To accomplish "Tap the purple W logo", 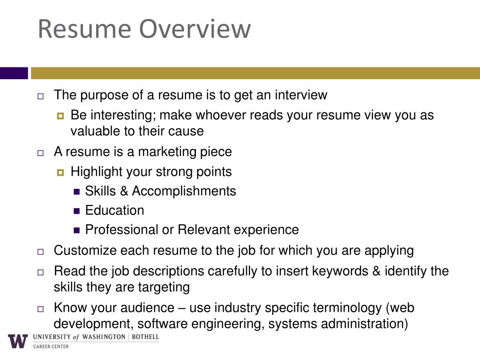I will point(18,341).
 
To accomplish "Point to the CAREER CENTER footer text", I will point(51,346).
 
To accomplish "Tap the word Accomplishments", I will point(184,191).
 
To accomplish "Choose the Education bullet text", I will point(114,210).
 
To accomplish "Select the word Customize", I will point(85,250).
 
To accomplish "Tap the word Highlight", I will point(96,172).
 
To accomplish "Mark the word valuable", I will point(95,131).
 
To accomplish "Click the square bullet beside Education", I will point(77,211).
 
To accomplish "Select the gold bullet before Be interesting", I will point(60,116).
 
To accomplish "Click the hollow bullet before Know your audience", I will point(40,309).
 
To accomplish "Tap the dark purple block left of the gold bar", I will point(14,73).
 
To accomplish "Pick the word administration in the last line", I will point(359,324).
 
